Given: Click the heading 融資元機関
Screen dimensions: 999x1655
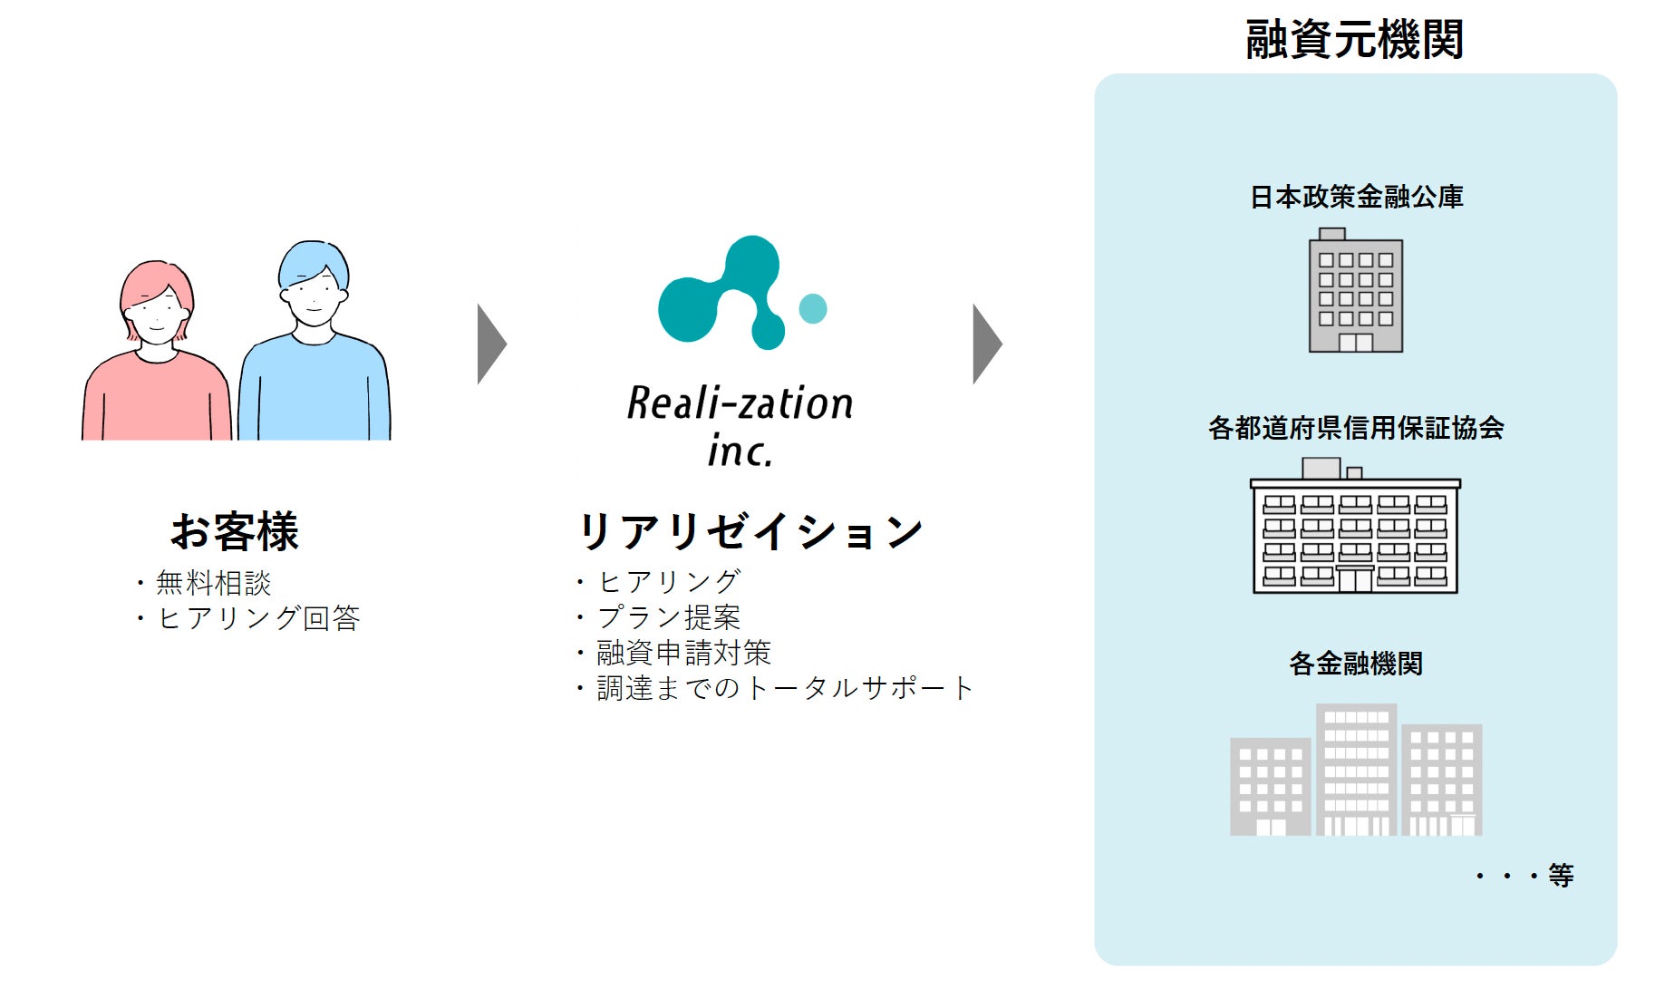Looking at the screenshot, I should (x=1354, y=40).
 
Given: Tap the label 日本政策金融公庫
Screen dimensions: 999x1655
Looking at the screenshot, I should (x=1356, y=197).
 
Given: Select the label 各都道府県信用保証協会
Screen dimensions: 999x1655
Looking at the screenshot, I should (x=1356, y=428).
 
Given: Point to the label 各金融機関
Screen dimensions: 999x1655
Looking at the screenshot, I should (x=1356, y=664).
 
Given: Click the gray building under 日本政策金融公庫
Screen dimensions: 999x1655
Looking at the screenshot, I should (x=1356, y=293).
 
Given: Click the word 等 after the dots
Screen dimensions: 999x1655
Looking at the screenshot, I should (x=1561, y=876).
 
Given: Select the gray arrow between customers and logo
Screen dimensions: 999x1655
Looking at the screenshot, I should (x=491, y=344).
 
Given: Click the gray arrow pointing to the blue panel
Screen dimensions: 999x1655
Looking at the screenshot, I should (x=987, y=344).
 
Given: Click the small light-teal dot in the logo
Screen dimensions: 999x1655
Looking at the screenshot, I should (x=813, y=308).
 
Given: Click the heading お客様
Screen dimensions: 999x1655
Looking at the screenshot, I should (x=235, y=531).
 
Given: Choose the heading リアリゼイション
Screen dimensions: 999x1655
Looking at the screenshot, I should (x=750, y=531).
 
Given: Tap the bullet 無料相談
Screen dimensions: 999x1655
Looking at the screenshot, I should (x=213, y=583).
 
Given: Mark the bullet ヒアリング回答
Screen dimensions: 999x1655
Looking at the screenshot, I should (x=258, y=618).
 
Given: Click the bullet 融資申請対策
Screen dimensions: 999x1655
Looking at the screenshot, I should (x=683, y=653).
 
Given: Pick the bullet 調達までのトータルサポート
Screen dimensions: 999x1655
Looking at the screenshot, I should (x=784, y=688).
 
